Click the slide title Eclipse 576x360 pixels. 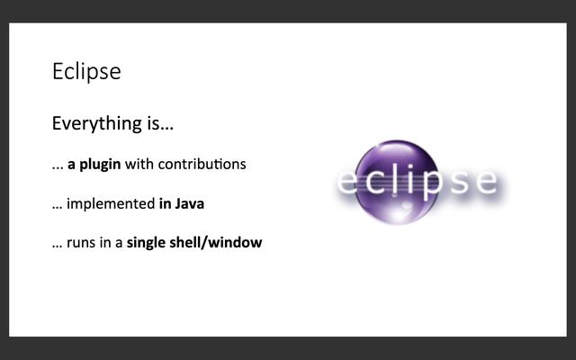point(86,72)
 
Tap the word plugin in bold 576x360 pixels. point(99,165)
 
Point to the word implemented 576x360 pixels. point(111,204)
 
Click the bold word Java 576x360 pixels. point(189,203)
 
